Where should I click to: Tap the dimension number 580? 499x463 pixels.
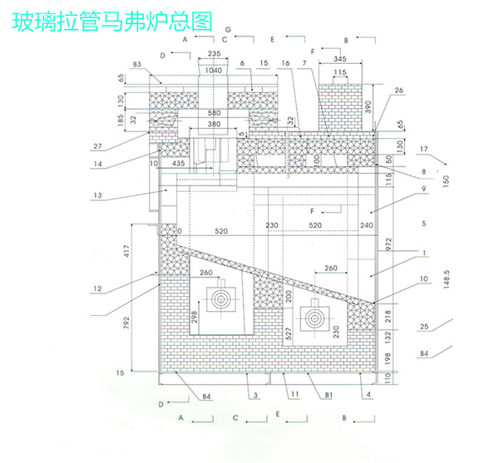[x=215, y=113]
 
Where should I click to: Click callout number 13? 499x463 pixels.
[x=98, y=195]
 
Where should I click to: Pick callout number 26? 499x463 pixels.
[x=398, y=91]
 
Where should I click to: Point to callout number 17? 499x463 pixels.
[x=424, y=150]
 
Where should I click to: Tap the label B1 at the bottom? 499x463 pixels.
[x=329, y=395]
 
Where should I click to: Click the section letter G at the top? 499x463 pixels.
[x=225, y=28]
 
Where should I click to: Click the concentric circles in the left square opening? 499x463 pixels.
[x=222, y=301]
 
